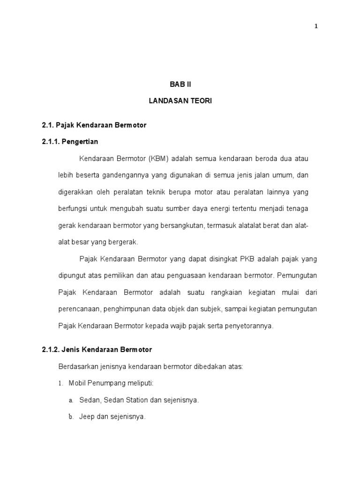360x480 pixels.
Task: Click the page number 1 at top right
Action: (x=316, y=26)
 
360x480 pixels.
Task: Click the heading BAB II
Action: (x=181, y=85)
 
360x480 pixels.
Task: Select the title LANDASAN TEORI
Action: (x=181, y=101)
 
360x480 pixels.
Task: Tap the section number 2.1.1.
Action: (x=52, y=141)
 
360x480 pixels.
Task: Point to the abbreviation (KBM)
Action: (x=158, y=158)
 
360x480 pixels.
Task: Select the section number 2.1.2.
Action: (x=52, y=350)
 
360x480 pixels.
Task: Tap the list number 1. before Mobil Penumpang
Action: (x=60, y=383)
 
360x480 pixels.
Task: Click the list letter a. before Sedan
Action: (x=71, y=400)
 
